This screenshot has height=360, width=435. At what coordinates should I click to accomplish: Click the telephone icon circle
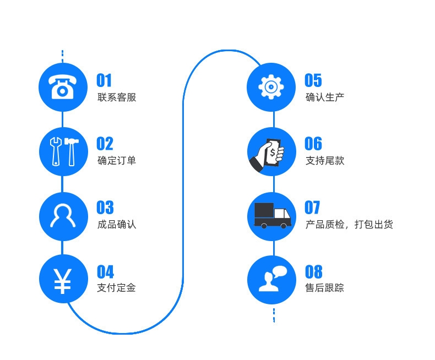coord(63,87)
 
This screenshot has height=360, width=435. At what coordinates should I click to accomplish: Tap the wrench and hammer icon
coord(63,151)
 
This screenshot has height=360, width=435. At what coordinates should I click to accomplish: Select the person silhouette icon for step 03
coord(63,215)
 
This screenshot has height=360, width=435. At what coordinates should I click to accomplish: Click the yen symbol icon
coord(63,280)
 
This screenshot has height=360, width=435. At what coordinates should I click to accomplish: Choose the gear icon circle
coord(271,87)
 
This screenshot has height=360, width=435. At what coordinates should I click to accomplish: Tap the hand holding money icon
coord(271,151)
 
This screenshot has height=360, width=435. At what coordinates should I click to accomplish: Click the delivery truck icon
coord(271,215)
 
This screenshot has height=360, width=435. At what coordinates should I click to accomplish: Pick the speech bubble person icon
coord(271,280)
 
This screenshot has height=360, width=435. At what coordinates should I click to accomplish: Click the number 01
coord(104,80)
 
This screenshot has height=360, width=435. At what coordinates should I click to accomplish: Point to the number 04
coord(105,272)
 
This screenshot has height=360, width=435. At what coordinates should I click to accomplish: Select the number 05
coord(313,80)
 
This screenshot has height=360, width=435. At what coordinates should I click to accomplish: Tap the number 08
coord(313,272)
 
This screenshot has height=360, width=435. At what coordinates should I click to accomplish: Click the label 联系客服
coord(117,98)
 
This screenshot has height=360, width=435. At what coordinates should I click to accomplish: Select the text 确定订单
coord(117,161)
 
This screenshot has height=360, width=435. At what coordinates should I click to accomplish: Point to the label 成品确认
coord(117,225)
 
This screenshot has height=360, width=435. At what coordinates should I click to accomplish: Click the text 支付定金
coord(117,288)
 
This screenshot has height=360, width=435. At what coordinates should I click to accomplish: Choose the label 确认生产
coord(325,98)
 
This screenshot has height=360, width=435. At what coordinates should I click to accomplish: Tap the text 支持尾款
coord(325,161)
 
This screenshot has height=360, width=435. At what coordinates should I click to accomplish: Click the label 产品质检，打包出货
coord(349,225)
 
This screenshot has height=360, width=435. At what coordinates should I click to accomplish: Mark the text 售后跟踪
coord(325,288)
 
